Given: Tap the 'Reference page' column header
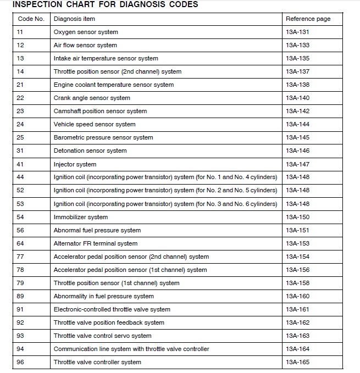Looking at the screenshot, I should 308,19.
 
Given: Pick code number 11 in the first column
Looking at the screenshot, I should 20,32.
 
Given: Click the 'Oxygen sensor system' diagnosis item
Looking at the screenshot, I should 86,32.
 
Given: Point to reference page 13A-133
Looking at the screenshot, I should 297,45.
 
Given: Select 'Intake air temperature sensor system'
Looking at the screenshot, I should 106,58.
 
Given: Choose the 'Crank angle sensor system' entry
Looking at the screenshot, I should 92,98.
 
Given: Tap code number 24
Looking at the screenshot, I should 20,124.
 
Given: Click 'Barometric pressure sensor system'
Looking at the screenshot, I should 103,137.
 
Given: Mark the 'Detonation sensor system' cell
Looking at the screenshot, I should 90,151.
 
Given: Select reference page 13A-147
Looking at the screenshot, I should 297,164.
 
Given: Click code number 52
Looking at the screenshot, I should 20,191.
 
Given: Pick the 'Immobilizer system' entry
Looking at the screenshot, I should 81,217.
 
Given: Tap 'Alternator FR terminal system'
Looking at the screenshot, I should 96,243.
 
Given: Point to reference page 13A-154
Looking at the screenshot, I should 297,257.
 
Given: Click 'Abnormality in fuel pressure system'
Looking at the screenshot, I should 103,296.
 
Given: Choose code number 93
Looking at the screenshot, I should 20,336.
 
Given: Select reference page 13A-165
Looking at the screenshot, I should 297,362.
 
